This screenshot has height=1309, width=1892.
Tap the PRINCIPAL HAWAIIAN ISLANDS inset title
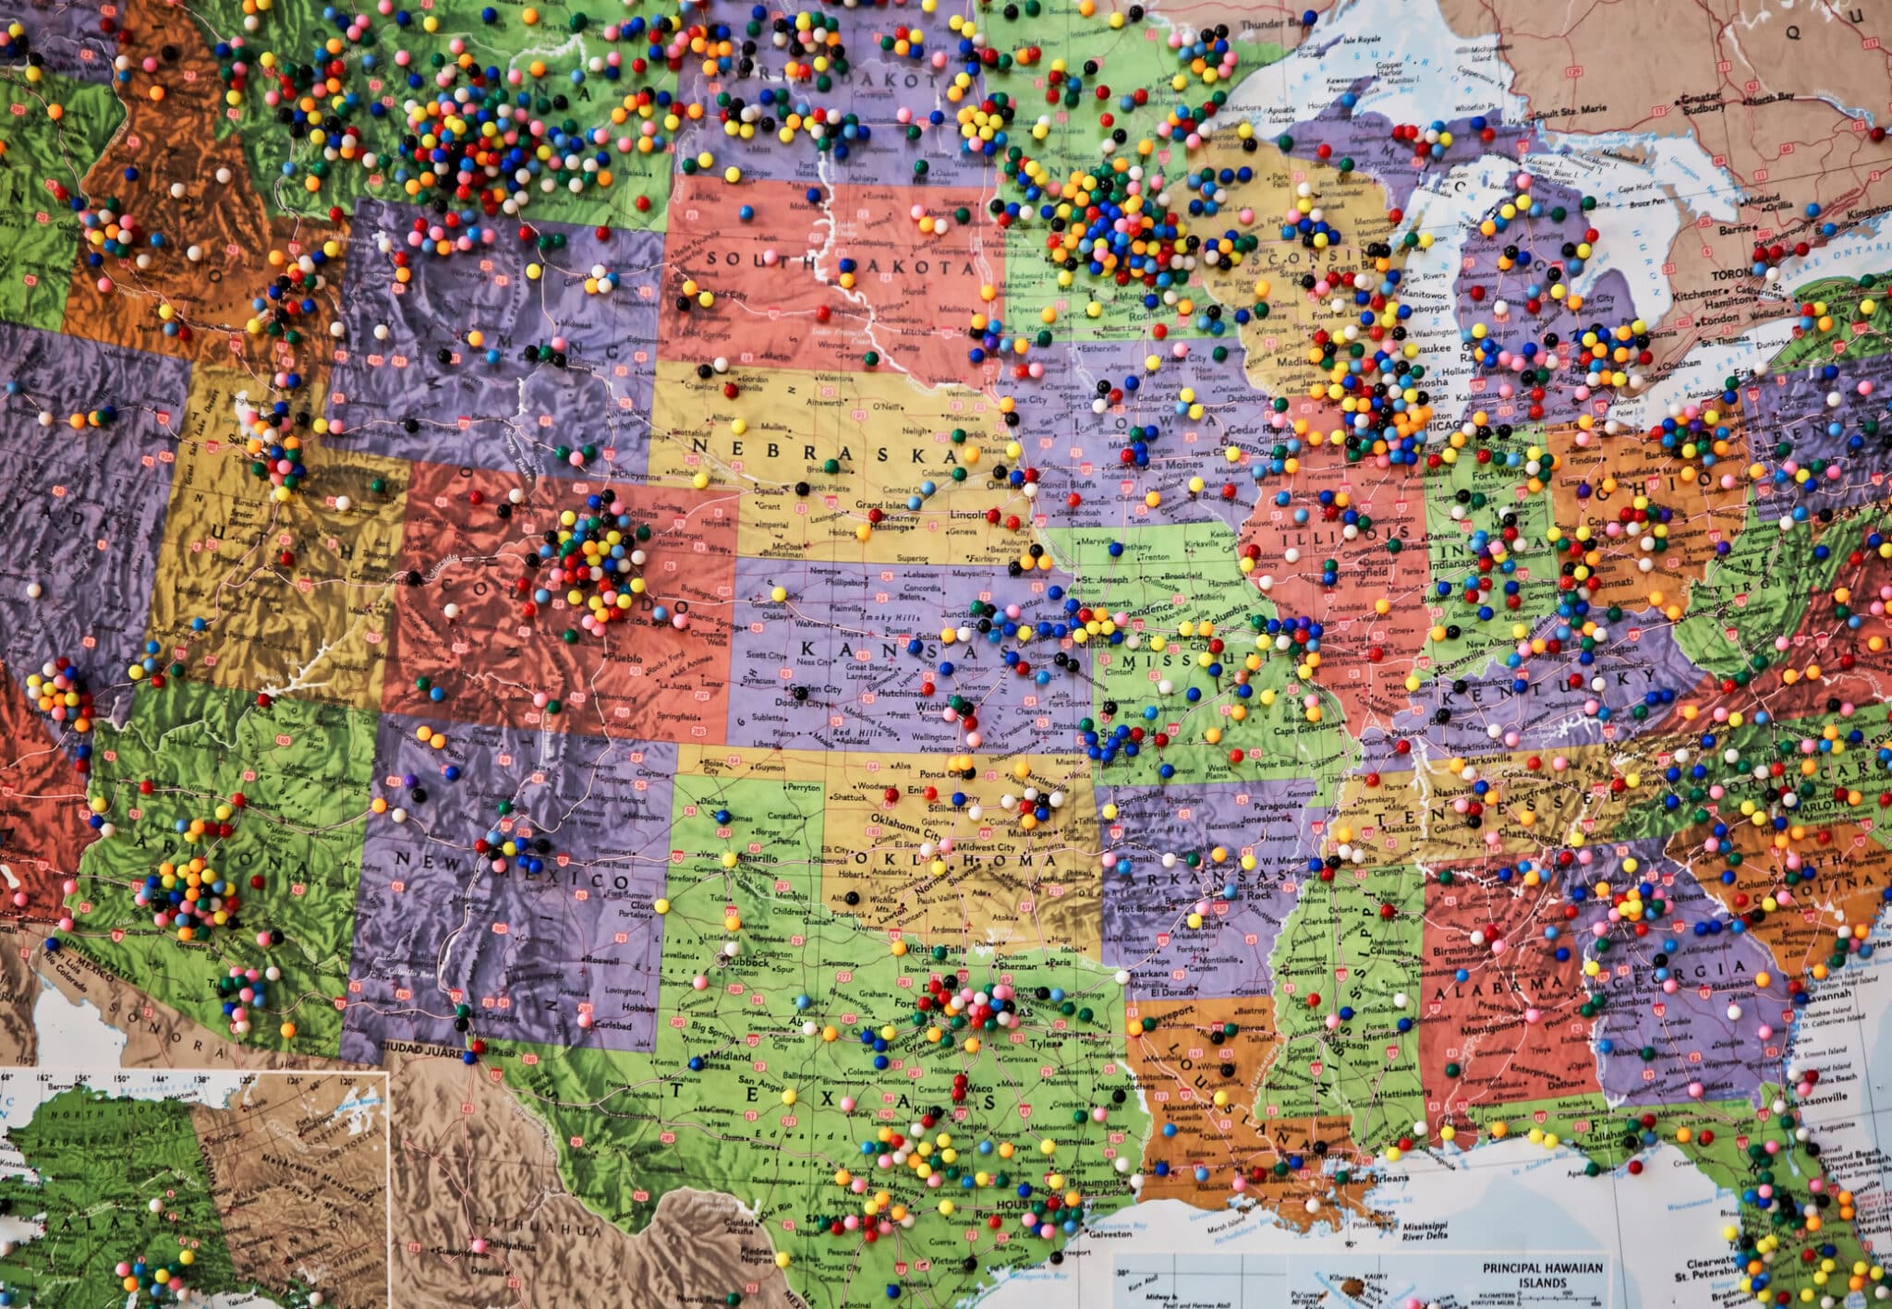(1542, 1275)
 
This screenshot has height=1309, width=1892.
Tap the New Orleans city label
(1377, 1179)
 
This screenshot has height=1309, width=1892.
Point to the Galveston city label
(1110, 1233)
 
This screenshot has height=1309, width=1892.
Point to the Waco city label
(979, 1089)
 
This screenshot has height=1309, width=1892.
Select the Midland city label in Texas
(730, 1055)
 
